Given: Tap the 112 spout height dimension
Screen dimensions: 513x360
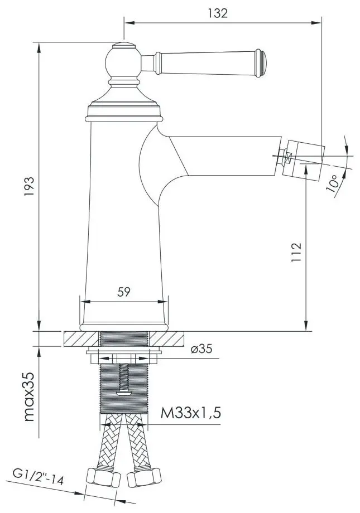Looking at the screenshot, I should coord(296,253).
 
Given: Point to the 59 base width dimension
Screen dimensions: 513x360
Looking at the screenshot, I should coord(124,292).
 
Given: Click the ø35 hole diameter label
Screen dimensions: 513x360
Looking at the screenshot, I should coord(201,350).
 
